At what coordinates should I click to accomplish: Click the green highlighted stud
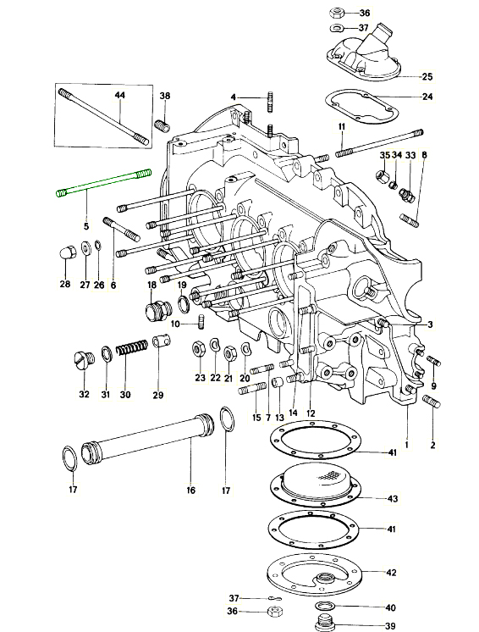103,183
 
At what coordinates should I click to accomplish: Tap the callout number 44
120,95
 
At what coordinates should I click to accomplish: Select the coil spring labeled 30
132,348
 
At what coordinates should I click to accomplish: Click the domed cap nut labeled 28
65,255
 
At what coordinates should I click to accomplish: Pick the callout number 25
427,76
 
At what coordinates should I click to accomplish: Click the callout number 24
427,97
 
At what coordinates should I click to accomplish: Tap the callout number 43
393,499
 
